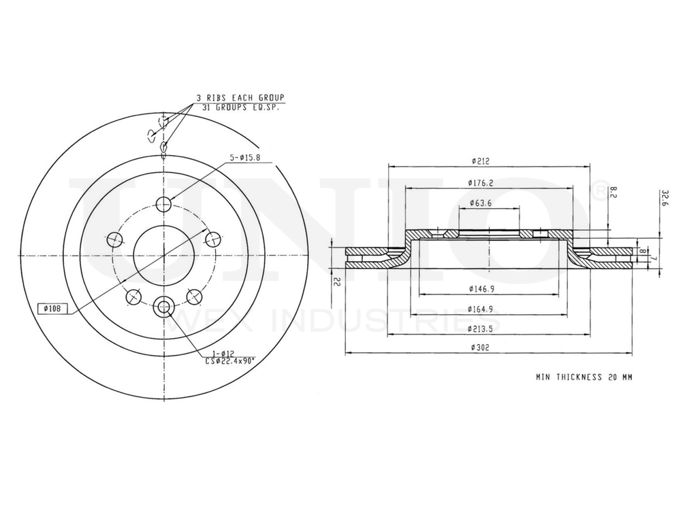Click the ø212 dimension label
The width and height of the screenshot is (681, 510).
[x=481, y=161]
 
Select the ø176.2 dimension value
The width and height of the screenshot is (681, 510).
[x=481, y=182]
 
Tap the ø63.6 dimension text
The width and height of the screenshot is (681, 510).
[x=481, y=203]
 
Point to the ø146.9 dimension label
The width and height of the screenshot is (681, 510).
[x=481, y=289]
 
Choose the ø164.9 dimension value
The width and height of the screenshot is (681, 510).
[x=481, y=310]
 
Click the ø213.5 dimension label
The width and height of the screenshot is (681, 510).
[x=481, y=329]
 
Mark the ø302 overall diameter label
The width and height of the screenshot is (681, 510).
[x=481, y=347]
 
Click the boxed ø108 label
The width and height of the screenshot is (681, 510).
[x=52, y=309]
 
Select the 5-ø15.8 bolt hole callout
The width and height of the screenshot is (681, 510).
[x=251, y=158]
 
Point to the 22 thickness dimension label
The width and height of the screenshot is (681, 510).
[x=334, y=282]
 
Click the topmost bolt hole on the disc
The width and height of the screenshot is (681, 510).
[x=163, y=204]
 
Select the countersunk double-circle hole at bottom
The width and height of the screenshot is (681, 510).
[x=163, y=308]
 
